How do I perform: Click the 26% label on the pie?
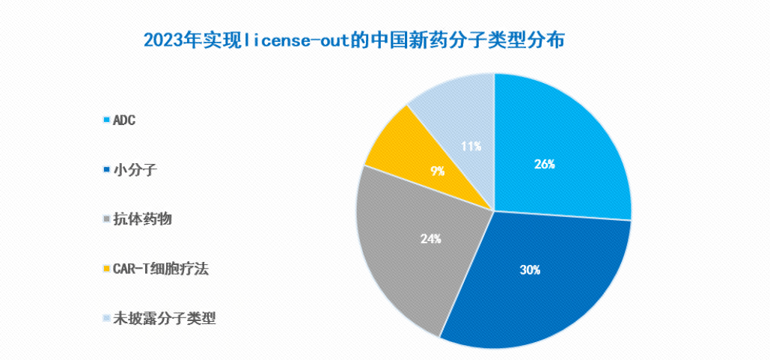(x=544, y=164)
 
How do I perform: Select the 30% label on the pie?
(x=530, y=269)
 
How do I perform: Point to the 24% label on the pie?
(x=430, y=240)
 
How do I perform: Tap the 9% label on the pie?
(x=438, y=171)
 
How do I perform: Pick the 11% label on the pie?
(x=471, y=146)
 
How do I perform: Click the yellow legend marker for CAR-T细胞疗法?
(x=106, y=269)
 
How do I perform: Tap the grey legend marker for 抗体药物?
(x=106, y=219)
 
